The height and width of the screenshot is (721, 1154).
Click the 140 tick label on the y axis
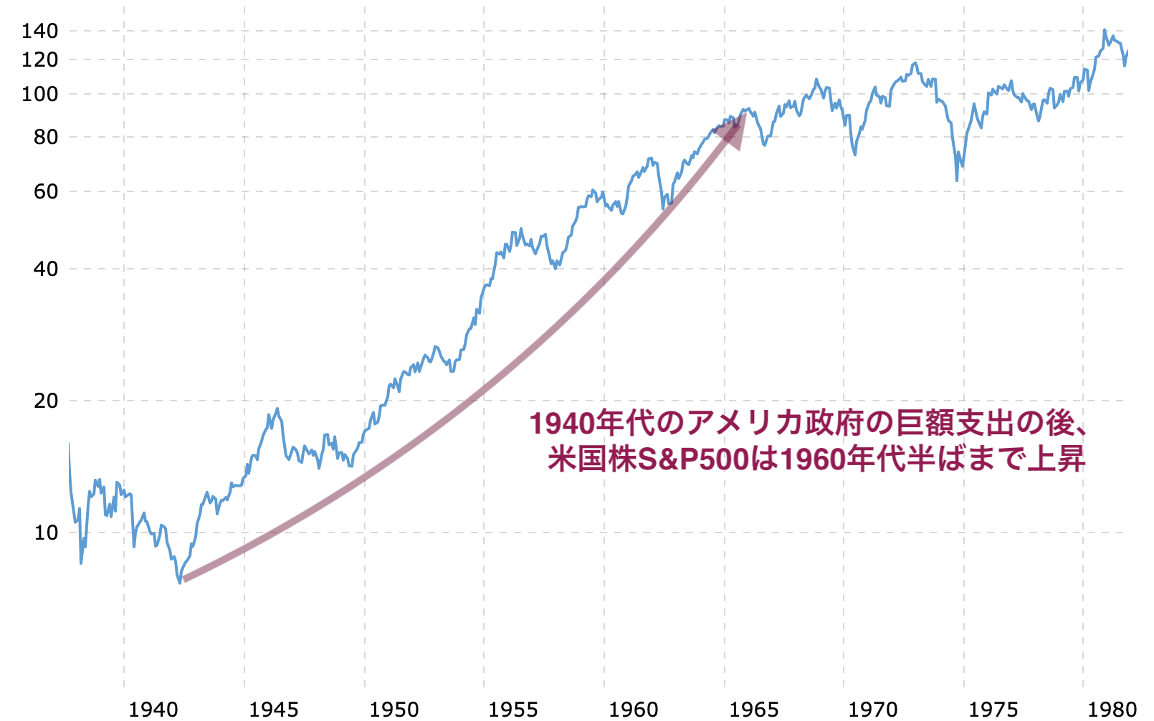[x=39, y=31]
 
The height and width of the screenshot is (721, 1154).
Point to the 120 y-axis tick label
[x=39, y=59]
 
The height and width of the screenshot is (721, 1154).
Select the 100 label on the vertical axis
[x=39, y=94]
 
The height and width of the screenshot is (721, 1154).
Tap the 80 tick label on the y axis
[x=45, y=137]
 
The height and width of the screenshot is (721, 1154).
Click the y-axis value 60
[x=45, y=191]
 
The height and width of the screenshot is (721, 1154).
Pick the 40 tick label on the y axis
[x=45, y=269]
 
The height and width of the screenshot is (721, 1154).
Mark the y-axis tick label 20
[x=45, y=401]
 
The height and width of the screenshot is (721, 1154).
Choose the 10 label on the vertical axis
[x=45, y=533]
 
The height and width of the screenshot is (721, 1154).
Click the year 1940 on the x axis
[x=153, y=710]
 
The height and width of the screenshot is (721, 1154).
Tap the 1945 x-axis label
[x=274, y=710]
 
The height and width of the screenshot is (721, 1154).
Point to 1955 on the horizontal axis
[x=513, y=710]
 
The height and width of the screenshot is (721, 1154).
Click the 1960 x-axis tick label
[x=634, y=710]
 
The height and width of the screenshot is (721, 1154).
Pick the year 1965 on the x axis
[x=754, y=710]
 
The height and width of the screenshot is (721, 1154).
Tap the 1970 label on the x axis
[x=873, y=710]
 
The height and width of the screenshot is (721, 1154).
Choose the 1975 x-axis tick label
[x=993, y=710]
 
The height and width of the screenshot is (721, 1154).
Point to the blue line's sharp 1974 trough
[x=957, y=179]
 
